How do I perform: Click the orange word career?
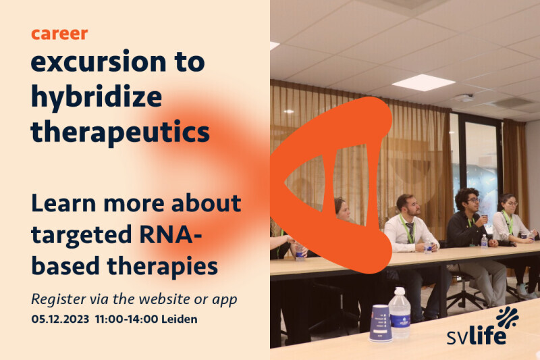tap(59, 34)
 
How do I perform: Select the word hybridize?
tap(97, 97)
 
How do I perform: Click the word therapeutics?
tap(120, 132)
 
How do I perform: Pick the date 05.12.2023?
tap(60, 319)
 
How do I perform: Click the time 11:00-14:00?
tap(126, 319)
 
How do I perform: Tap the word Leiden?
tap(180, 319)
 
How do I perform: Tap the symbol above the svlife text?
tap(508, 317)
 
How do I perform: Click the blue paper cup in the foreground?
tap(381, 323)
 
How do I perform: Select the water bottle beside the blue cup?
tap(400, 313)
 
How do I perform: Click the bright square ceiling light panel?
tap(423, 82)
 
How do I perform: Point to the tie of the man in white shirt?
tap(410, 232)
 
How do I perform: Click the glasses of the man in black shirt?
tap(473, 200)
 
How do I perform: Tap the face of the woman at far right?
tap(510, 205)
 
